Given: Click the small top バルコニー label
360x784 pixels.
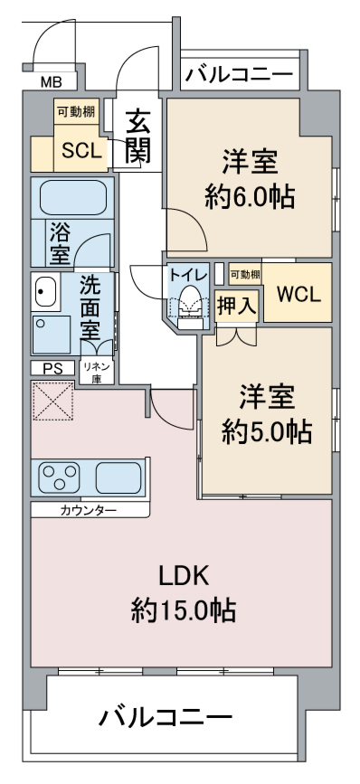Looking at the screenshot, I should pyautogui.click(x=239, y=75).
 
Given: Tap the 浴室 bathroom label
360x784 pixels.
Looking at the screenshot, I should pyautogui.click(x=60, y=242).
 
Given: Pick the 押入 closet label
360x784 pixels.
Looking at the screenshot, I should pyautogui.click(x=237, y=306).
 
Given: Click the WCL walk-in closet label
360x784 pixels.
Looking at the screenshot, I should pyautogui.click(x=298, y=295).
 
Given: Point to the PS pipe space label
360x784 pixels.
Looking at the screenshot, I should pyautogui.click(x=52, y=369).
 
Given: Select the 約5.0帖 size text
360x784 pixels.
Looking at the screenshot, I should pyautogui.click(x=269, y=432).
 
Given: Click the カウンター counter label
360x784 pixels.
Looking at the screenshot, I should pyautogui.click(x=89, y=511).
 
